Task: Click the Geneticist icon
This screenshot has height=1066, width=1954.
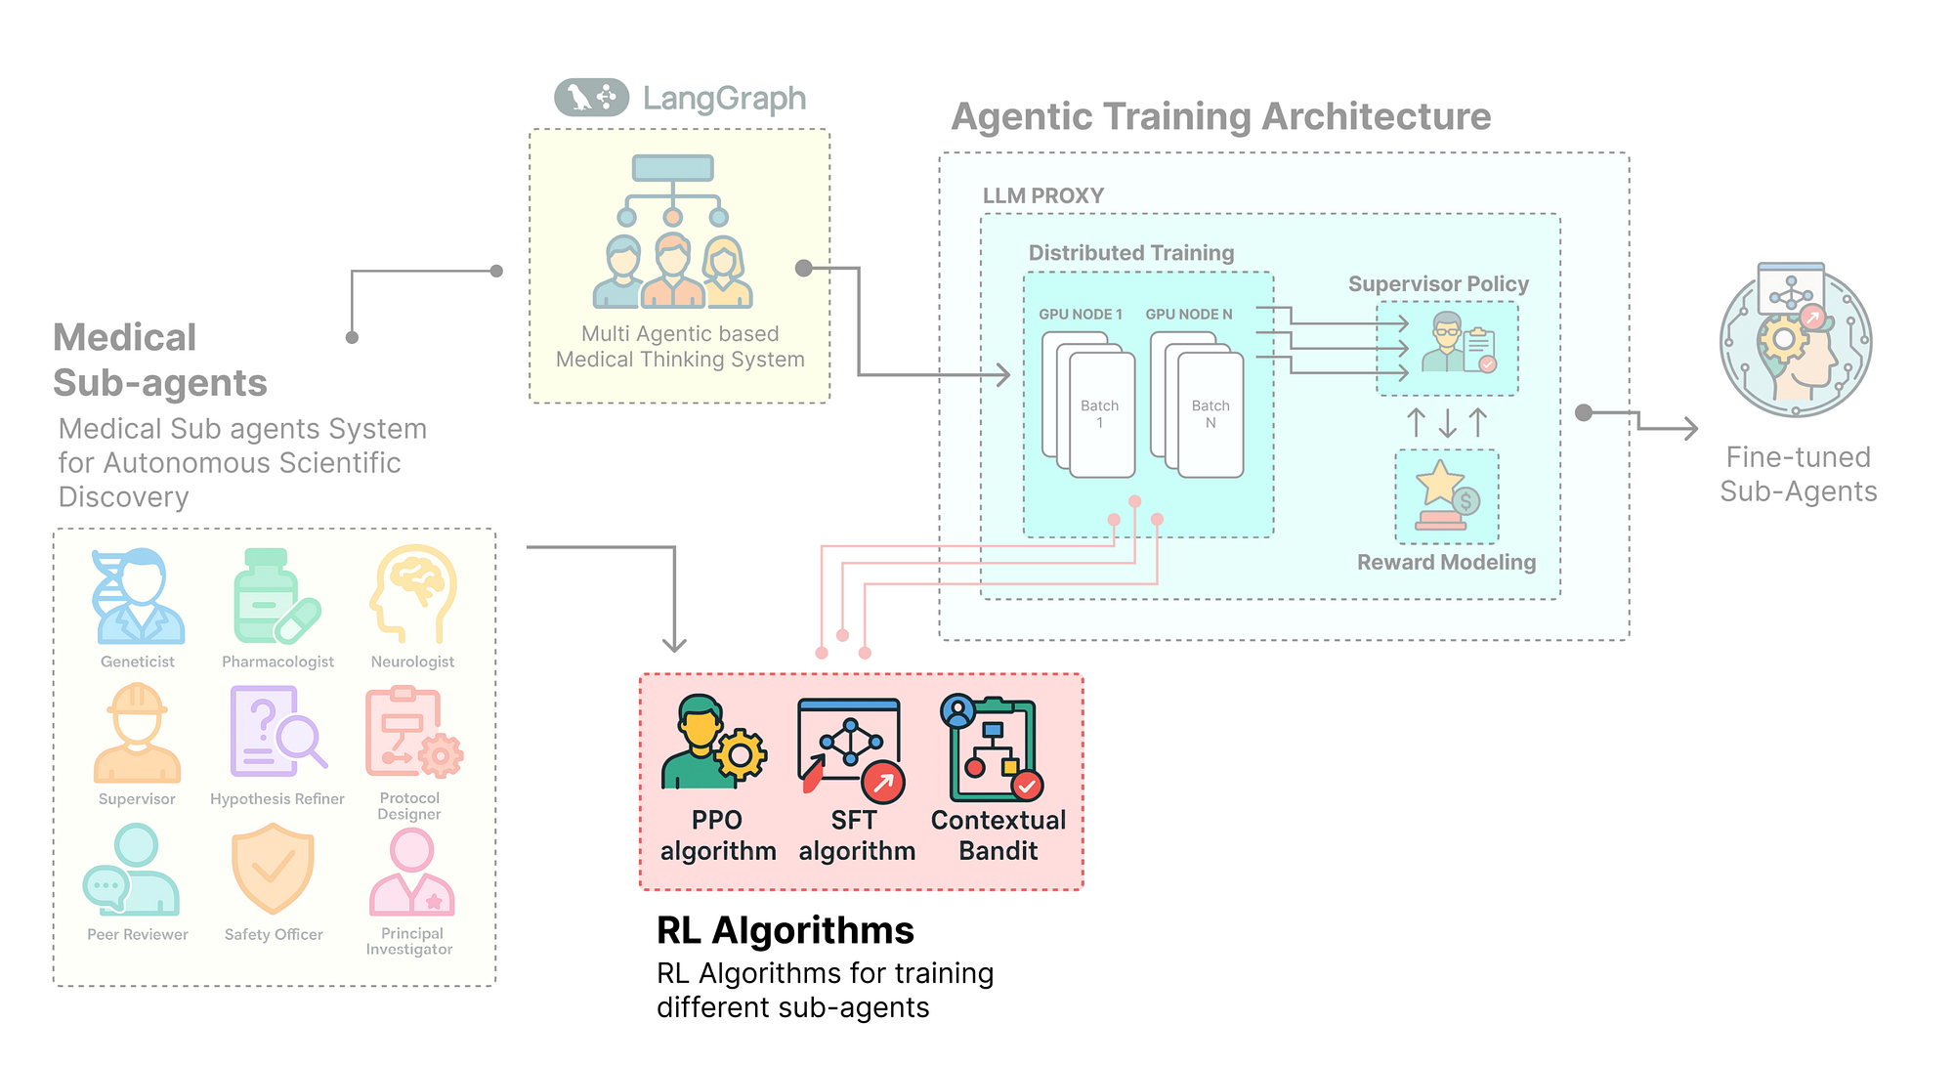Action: click(138, 596)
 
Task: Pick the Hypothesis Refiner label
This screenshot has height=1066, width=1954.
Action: click(277, 799)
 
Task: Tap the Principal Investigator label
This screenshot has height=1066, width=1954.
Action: click(410, 941)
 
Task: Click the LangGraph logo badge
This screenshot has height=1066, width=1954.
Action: click(591, 98)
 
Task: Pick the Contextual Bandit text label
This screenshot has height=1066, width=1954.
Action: click(998, 835)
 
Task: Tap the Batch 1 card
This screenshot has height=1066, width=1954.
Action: click(1101, 415)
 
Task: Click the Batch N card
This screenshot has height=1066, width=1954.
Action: click(1211, 415)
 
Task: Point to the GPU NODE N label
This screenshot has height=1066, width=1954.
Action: click(1188, 315)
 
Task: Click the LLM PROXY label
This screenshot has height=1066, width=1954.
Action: click(1042, 195)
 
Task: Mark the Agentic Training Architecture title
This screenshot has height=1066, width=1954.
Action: click(1220, 117)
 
